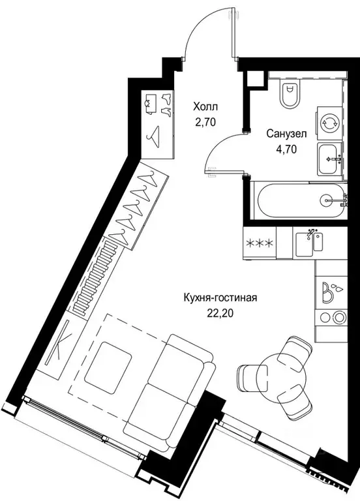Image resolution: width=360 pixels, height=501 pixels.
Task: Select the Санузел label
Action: (x=286, y=133)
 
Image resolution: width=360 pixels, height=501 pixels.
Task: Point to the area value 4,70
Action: (x=286, y=147)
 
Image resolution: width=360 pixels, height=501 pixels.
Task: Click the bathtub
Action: (x=297, y=200)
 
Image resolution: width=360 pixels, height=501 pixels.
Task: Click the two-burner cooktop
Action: (x=331, y=317)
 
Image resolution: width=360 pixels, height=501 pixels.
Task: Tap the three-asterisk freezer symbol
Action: (x=260, y=244)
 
